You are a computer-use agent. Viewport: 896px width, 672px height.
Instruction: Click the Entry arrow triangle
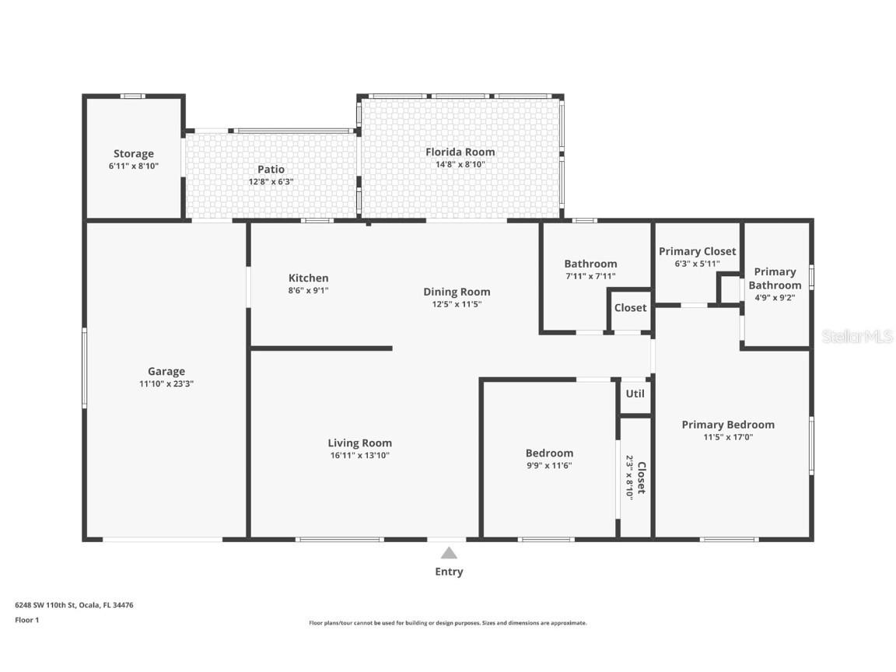tap(449, 553)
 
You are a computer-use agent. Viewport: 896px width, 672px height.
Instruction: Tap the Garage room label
tap(166, 372)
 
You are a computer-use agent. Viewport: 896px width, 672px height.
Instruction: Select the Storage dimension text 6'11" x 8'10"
tap(134, 166)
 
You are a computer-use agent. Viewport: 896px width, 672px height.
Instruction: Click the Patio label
tap(271, 170)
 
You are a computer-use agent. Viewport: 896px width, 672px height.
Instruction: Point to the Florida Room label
tap(460, 152)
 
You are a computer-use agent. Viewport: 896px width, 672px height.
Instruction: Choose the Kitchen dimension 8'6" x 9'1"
tap(308, 290)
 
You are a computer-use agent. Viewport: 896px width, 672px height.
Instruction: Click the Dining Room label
tap(457, 292)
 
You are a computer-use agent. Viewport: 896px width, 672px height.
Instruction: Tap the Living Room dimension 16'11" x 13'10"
tap(359, 456)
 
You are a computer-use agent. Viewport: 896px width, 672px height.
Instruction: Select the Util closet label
tap(635, 394)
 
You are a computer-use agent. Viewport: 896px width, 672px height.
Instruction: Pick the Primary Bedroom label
tap(728, 425)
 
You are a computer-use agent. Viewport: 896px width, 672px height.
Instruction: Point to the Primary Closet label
tap(697, 251)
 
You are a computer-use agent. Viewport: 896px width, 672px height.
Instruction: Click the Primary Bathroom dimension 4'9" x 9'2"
tap(775, 296)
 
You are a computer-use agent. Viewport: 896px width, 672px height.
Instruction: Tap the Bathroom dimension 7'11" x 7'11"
tap(590, 276)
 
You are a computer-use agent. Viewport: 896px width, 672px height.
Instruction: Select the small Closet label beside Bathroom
tap(630, 307)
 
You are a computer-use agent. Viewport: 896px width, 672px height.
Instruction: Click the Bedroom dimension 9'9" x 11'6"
tap(549, 466)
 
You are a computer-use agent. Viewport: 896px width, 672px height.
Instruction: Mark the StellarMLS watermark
tap(857, 336)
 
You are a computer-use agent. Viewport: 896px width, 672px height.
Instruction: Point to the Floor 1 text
tap(26, 620)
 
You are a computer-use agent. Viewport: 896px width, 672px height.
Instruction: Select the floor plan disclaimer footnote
tap(448, 623)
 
